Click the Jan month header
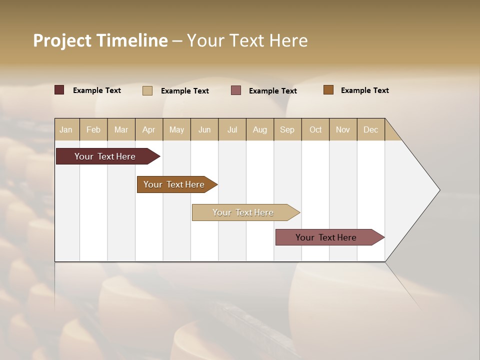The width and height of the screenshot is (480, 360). (x=66, y=129)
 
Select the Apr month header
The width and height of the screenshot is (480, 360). (x=149, y=129)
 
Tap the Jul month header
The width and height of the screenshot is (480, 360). (x=232, y=129)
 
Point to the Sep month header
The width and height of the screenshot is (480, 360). (x=287, y=129)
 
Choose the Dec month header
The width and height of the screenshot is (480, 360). (x=371, y=129)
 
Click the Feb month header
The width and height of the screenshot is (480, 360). (x=93, y=129)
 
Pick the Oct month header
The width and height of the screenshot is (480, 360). (x=315, y=129)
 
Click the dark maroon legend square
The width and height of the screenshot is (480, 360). (x=59, y=90)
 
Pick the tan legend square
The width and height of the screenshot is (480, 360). (x=147, y=90)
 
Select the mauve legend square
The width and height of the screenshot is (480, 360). (x=236, y=90)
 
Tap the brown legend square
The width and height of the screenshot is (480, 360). (x=328, y=90)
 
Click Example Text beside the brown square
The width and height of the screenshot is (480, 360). (x=364, y=90)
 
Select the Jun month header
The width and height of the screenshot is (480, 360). (x=204, y=129)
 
